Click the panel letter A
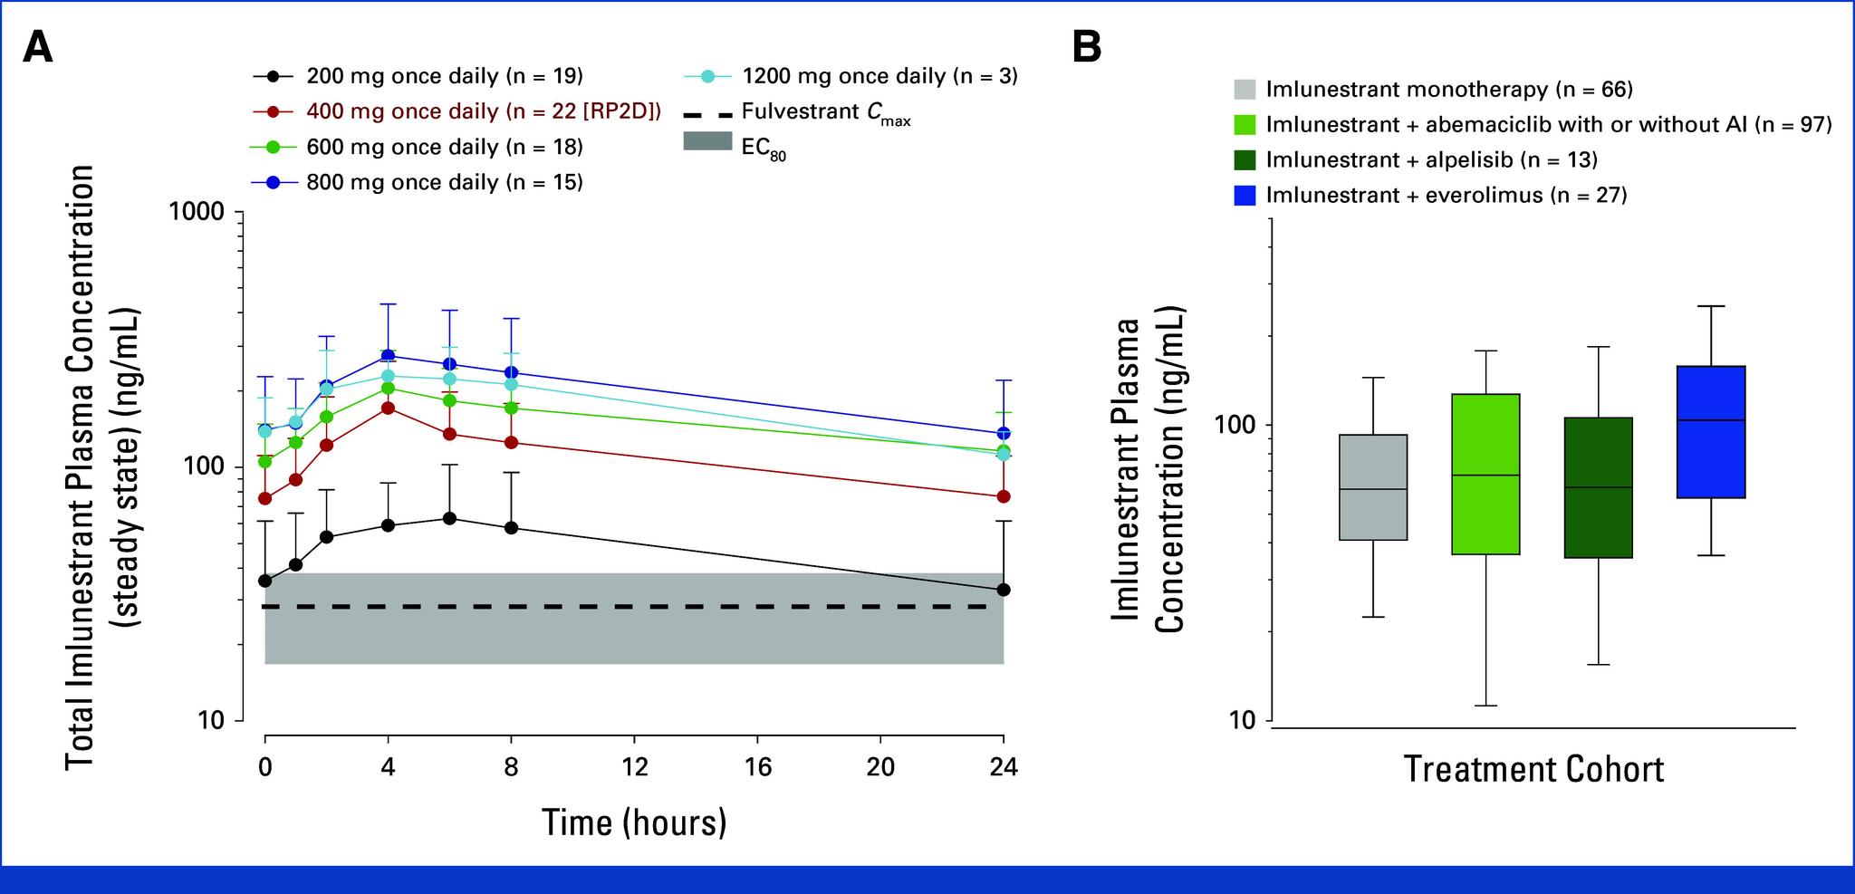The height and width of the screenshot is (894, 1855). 38,47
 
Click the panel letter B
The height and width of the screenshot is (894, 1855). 1086,47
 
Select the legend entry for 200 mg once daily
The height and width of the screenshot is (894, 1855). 444,76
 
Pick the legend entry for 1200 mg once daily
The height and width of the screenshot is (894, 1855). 879,76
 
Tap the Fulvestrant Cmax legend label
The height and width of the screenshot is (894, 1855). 825,112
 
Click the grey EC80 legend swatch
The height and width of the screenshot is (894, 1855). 708,148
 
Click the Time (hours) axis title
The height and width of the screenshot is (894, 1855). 634,822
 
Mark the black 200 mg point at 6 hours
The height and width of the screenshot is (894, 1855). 449,518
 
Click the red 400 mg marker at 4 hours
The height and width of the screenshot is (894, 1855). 388,408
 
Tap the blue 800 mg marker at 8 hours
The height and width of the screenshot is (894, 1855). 511,372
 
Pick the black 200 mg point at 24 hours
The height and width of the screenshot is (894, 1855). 1003,590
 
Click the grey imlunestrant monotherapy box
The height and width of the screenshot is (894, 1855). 1372,487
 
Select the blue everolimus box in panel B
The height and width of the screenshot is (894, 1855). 1710,432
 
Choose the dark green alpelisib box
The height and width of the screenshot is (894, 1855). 1598,487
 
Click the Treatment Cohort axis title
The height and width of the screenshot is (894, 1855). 1533,770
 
